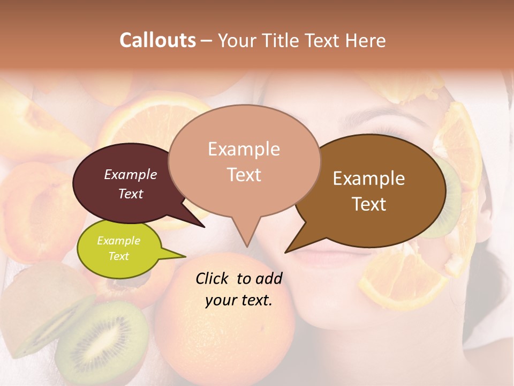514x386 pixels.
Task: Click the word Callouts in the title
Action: click(x=157, y=40)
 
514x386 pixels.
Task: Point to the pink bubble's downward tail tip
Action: click(x=247, y=246)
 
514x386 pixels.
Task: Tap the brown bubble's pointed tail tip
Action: click(x=286, y=252)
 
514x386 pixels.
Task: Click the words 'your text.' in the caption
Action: click(x=239, y=300)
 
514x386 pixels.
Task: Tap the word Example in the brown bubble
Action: click(x=369, y=179)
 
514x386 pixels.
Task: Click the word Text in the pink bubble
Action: click(x=244, y=174)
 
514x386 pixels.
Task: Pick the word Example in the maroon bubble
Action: click(x=131, y=174)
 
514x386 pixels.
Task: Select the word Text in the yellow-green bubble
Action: click(x=119, y=256)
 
